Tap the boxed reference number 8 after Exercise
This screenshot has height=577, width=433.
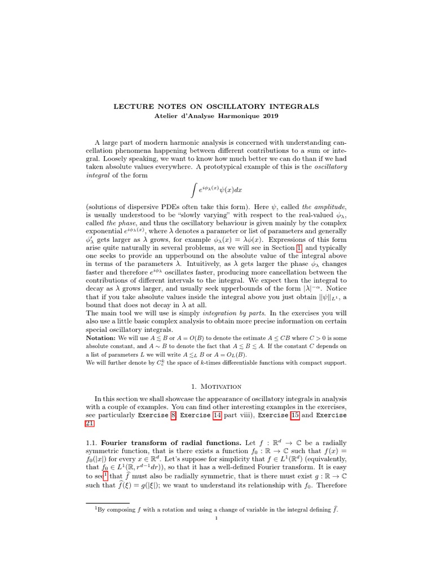[x=173, y=415]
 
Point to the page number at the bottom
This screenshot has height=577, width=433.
[x=216, y=518]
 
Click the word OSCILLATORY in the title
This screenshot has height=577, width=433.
[x=232, y=106]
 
